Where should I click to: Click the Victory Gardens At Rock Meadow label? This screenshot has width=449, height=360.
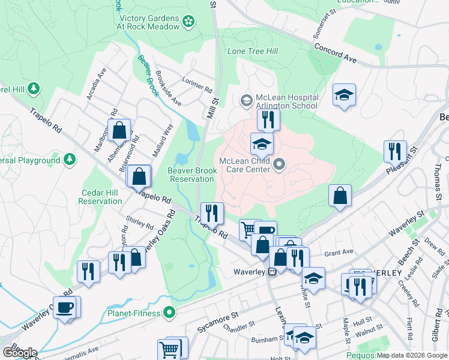click(149, 22)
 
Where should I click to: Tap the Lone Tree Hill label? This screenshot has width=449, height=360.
click(252, 51)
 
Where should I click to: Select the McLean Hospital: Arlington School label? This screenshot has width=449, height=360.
click(288, 101)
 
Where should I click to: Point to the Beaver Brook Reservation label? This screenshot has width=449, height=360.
click(191, 175)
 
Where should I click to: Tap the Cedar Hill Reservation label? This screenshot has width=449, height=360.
click(101, 197)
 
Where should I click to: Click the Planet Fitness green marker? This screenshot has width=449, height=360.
click(169, 312)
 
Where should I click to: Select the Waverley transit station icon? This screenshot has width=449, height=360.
click(272, 272)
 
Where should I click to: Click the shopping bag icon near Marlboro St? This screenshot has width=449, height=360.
click(119, 130)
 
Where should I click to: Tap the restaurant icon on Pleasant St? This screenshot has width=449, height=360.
click(394, 151)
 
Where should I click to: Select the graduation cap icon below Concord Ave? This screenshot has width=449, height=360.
click(344, 95)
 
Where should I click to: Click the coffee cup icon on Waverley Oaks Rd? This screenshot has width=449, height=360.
click(65, 307)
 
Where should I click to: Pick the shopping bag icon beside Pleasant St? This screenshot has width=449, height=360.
click(340, 196)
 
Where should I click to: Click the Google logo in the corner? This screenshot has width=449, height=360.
click(20, 352)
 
